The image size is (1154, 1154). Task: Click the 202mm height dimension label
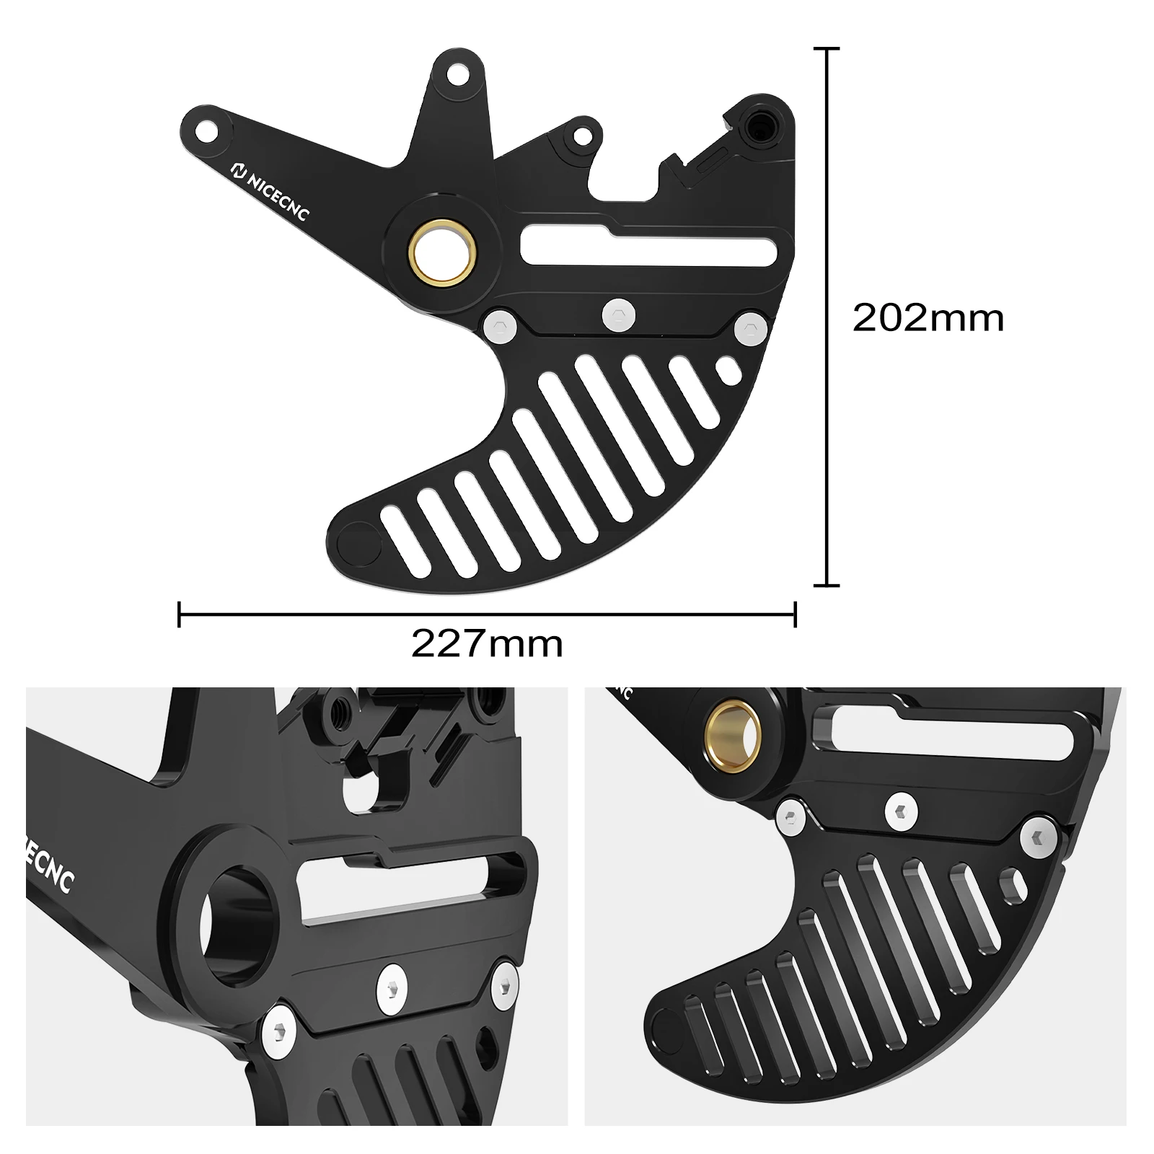(x=928, y=318)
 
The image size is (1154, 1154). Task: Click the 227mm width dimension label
(x=487, y=644)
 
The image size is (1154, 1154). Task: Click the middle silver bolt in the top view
(x=619, y=315)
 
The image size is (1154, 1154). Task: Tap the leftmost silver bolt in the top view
(x=500, y=326)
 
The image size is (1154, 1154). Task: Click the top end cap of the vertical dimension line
(x=827, y=48)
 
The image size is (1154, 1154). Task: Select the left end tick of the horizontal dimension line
(x=179, y=615)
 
